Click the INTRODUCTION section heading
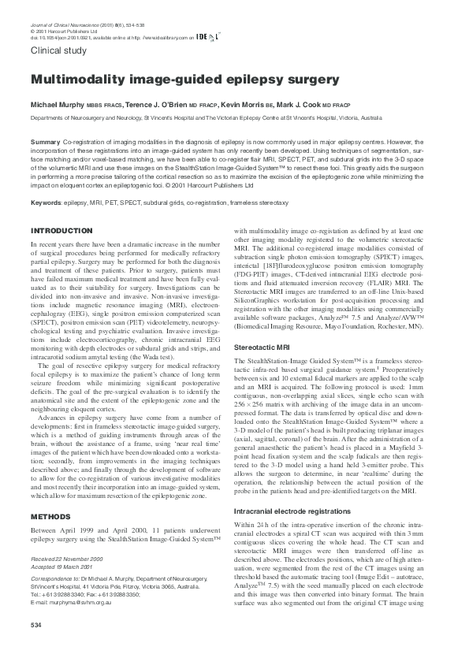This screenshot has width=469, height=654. (61, 230)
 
